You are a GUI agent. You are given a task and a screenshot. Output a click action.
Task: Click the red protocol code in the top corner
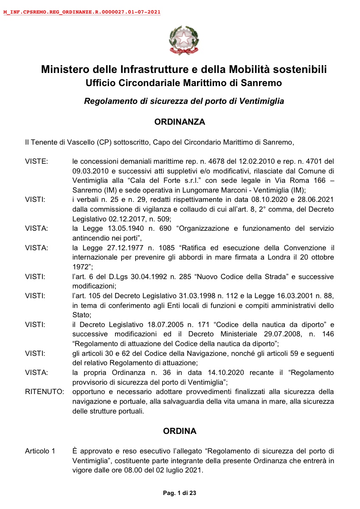82,12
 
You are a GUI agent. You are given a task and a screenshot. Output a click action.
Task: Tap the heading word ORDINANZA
180,122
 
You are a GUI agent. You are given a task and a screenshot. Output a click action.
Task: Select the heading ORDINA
180,431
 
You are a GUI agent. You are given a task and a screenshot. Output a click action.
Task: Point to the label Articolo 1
40,451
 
